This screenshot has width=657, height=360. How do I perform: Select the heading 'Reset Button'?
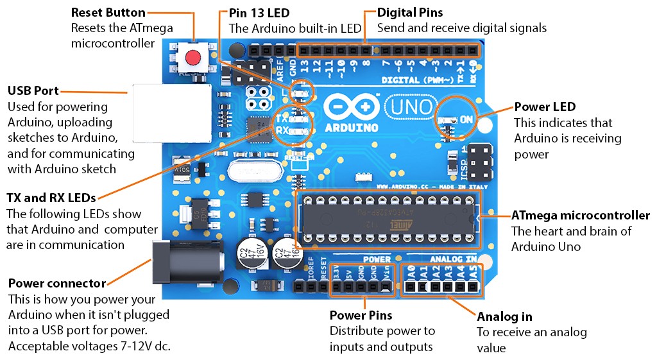click(108, 13)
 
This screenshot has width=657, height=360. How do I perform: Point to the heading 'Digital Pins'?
click(409, 13)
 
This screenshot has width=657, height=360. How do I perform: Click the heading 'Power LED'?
click(545, 107)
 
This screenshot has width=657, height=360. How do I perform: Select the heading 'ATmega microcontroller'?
click(580, 216)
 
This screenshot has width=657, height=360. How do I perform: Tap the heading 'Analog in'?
click(504, 316)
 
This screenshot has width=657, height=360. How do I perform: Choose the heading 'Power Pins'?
click(361, 316)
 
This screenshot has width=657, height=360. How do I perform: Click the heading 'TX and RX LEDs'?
click(51, 197)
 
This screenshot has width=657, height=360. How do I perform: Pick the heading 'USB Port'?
click(33, 90)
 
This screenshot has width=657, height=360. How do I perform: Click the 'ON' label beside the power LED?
click(466, 119)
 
